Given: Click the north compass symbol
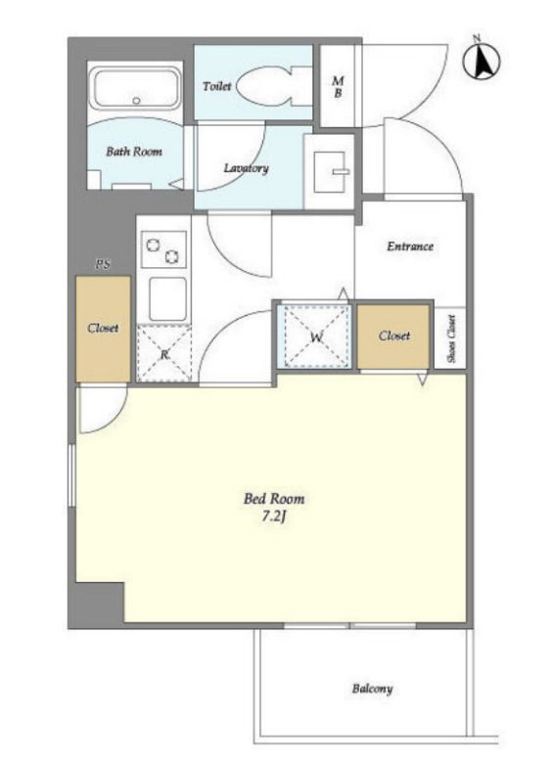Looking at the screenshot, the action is click(x=482, y=61).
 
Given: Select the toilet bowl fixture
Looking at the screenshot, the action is click(x=273, y=86).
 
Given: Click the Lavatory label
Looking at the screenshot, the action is click(x=246, y=168).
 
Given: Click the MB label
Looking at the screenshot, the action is click(x=338, y=87).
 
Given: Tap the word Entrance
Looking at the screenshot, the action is click(x=410, y=246).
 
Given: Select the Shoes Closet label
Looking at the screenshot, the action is click(x=451, y=338).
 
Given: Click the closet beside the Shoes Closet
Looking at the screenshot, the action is click(x=393, y=336).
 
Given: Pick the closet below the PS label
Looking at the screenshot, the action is click(x=103, y=329).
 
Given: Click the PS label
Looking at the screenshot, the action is click(x=103, y=264).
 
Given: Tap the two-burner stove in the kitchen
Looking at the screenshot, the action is click(x=163, y=249).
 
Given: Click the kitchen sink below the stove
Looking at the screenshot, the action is click(x=167, y=299).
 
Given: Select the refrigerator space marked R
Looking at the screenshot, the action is click(x=164, y=353).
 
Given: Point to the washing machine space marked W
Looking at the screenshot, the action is click(x=317, y=336).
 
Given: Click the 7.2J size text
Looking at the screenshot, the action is click(x=274, y=516).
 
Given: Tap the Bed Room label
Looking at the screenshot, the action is click(x=274, y=499).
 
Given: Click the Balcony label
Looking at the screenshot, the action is click(x=372, y=689).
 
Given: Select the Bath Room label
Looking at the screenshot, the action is click(x=134, y=152).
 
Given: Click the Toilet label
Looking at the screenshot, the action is click(x=216, y=86).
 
